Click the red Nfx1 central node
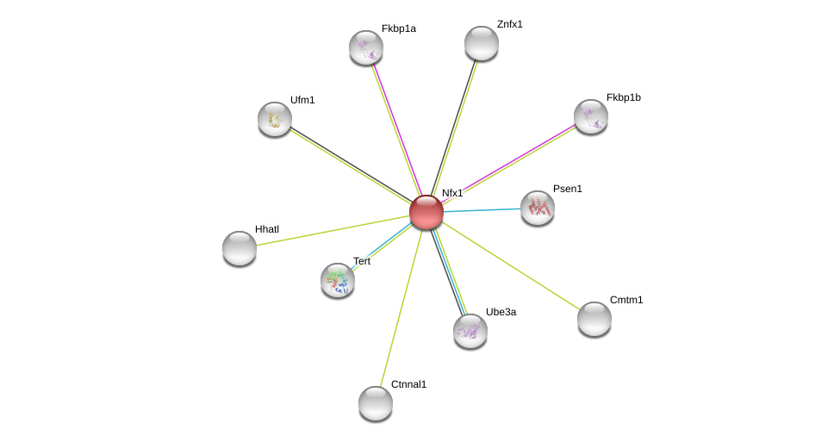click(426, 212)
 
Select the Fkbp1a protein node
click(366, 47)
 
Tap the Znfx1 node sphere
click(482, 43)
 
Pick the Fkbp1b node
click(591, 116)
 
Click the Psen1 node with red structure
click(538, 208)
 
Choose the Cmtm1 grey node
click(594, 319)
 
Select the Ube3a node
click(470, 331)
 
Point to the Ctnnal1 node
click(376, 403)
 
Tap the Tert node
click(338, 280)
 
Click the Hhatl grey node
click(240, 248)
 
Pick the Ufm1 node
click(275, 119)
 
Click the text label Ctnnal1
click(408, 384)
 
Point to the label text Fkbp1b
click(624, 97)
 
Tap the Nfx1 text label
click(452, 193)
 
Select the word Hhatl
click(267, 229)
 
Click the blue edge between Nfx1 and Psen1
click(482, 210)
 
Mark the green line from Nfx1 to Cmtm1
click(511, 265)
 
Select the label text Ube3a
click(501, 312)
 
